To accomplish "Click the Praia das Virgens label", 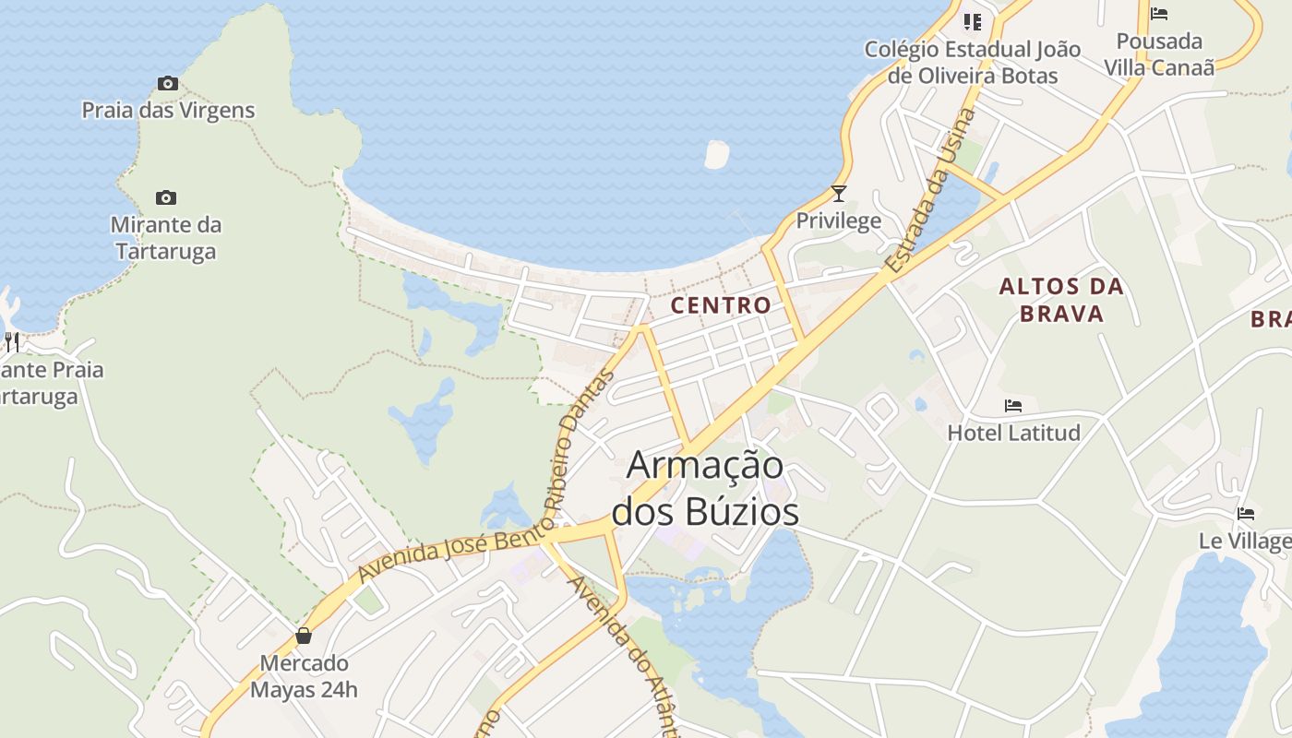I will click(x=168, y=111).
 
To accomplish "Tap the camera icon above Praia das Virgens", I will click(x=167, y=84).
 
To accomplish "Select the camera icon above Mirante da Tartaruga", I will click(x=166, y=197).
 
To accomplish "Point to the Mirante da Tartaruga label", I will click(x=166, y=238).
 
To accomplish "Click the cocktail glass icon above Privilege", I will click(x=838, y=194).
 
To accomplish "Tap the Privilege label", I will click(x=838, y=221).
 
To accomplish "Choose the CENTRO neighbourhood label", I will click(x=721, y=305).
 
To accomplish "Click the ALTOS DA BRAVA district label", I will click(x=1061, y=300).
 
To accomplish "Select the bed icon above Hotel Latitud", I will click(x=1013, y=406).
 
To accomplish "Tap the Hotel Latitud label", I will click(x=1013, y=432).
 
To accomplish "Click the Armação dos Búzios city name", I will click(x=705, y=488).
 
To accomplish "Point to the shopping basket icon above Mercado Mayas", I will click(x=303, y=636).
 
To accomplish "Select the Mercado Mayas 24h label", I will click(x=304, y=676).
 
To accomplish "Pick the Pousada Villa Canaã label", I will click(x=1159, y=54).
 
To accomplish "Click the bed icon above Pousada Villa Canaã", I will click(x=1159, y=14).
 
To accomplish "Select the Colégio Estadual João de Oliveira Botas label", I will click(x=972, y=63).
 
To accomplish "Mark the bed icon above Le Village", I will click(x=1246, y=514).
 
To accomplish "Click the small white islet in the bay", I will click(x=716, y=154).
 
